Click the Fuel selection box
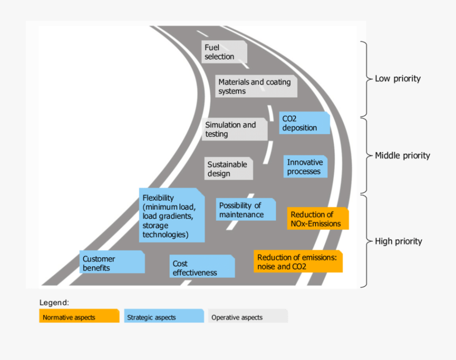(x=224, y=52)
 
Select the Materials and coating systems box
(x=257, y=87)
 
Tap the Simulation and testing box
(x=235, y=130)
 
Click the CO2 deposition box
(x=304, y=123)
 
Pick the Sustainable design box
(x=229, y=169)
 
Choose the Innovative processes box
(x=305, y=167)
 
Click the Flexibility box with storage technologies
(x=172, y=215)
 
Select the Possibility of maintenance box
(x=246, y=210)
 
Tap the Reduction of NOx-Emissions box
(x=318, y=219)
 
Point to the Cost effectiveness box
(x=202, y=268)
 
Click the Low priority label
(x=398, y=79)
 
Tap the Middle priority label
(x=402, y=156)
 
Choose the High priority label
(x=398, y=241)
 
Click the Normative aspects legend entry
(x=79, y=317)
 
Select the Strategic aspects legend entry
(x=164, y=317)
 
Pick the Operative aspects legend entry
(x=248, y=317)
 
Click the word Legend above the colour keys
(x=54, y=303)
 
